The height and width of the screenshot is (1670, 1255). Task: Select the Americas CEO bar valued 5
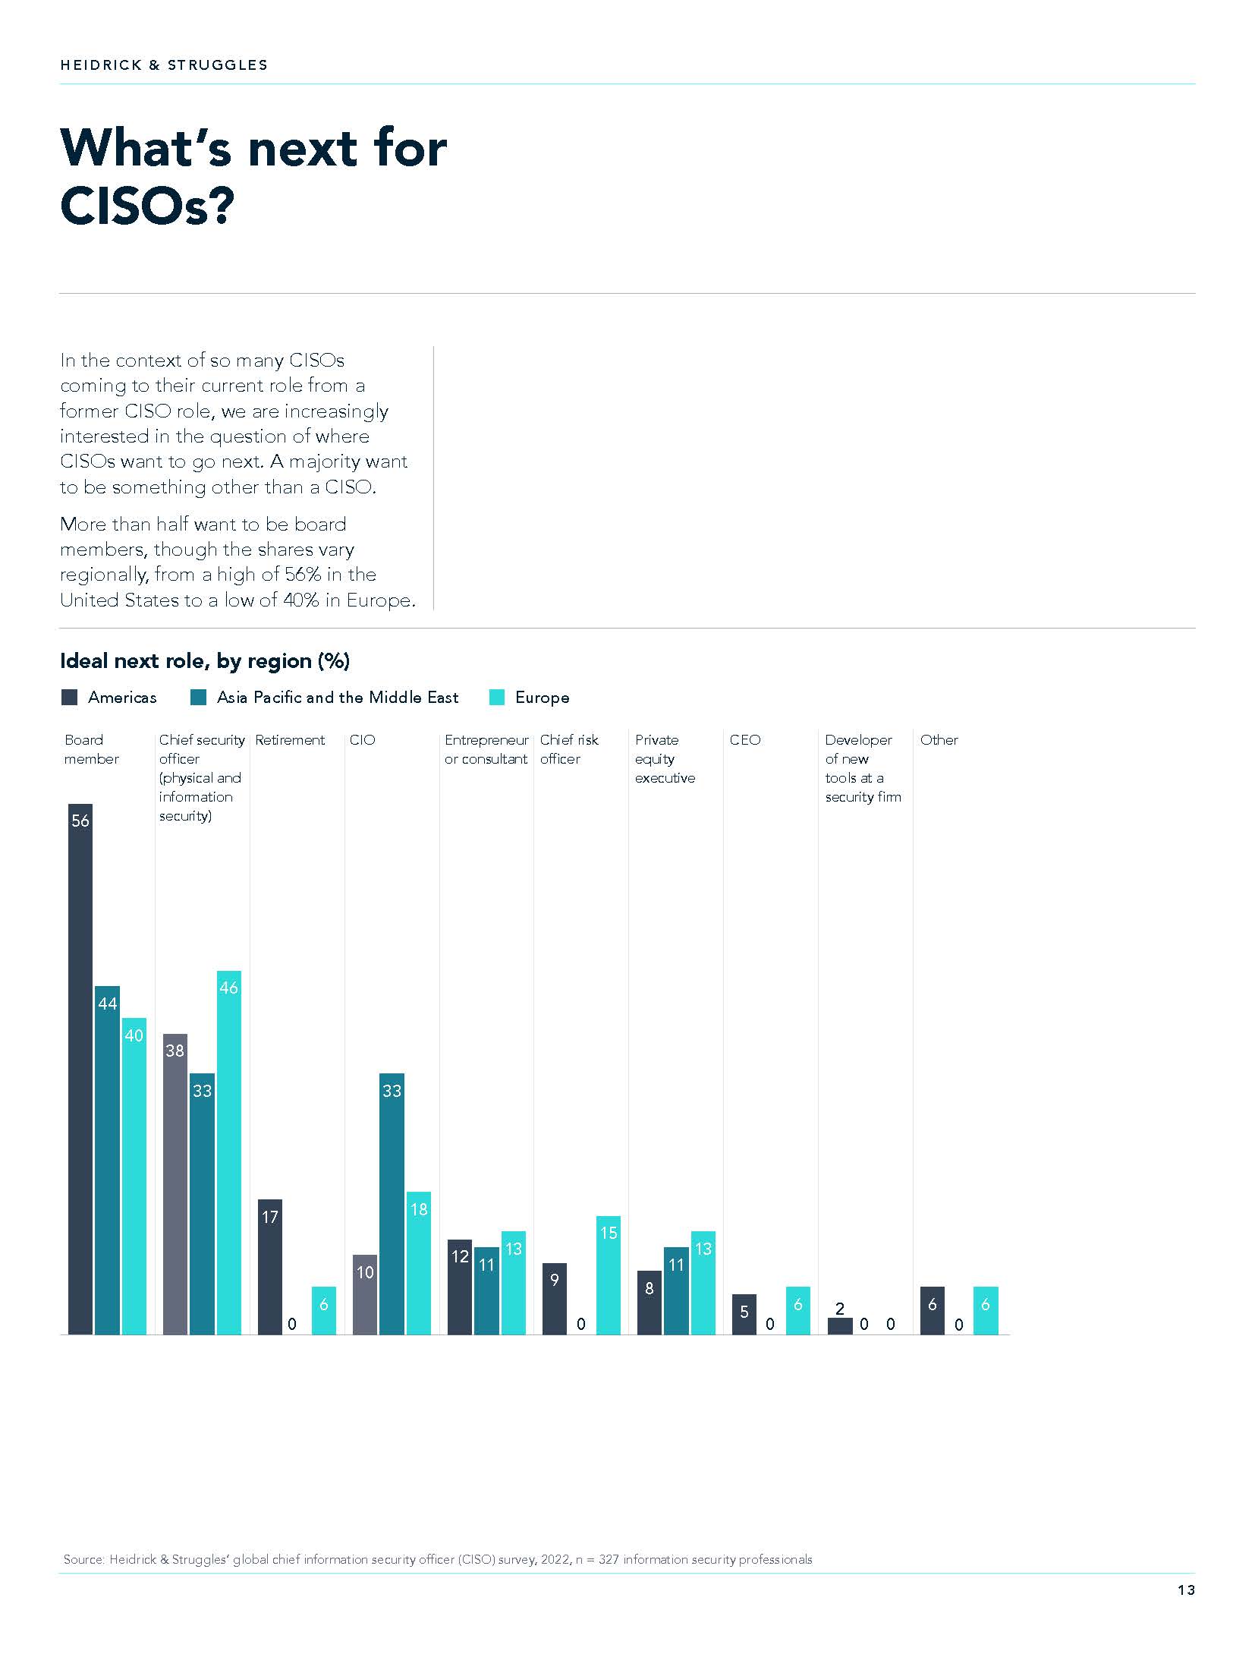click(x=744, y=1314)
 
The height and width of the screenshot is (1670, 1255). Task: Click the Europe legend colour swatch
click(x=497, y=698)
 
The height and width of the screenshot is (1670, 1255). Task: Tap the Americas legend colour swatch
click(x=70, y=698)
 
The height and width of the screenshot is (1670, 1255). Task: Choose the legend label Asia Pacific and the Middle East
click(x=338, y=698)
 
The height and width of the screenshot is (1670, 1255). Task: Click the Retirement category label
click(x=290, y=740)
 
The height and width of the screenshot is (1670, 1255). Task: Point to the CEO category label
click(x=745, y=740)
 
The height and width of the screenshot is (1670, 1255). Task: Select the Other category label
click(x=939, y=740)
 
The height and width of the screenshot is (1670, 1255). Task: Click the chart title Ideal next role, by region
click(x=205, y=661)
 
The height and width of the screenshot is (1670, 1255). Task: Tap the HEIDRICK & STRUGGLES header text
click(x=164, y=65)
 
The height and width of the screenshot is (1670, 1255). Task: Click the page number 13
click(x=1186, y=1590)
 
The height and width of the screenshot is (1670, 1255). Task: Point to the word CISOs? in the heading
click(x=147, y=206)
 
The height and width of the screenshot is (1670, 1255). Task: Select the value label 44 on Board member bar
click(x=108, y=1004)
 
